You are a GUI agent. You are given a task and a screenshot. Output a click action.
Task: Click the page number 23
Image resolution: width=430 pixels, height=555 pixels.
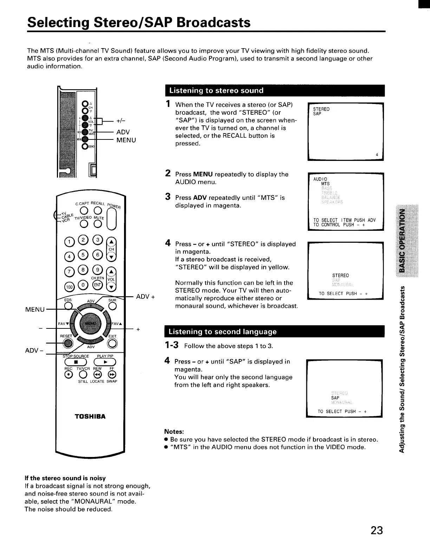tap(376, 530)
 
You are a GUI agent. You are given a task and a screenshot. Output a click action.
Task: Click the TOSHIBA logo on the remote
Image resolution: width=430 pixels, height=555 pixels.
tap(90, 417)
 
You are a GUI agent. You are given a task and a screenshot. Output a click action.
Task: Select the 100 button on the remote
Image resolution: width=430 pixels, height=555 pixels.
tap(70, 287)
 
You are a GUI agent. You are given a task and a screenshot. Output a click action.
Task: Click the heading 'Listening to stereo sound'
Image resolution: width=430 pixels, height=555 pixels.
tap(216, 91)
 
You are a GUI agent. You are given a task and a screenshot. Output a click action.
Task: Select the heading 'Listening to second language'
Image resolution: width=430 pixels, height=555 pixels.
tap(223, 332)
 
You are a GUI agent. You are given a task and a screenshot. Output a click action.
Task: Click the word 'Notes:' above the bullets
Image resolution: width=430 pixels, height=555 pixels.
tap(174, 431)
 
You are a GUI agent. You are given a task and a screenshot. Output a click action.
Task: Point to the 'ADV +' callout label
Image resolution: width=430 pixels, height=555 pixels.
tap(146, 296)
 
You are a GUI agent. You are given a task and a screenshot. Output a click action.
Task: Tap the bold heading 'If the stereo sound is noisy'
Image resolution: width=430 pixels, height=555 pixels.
tap(65, 478)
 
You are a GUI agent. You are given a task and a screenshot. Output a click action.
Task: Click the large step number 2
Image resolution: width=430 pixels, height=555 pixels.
tap(168, 174)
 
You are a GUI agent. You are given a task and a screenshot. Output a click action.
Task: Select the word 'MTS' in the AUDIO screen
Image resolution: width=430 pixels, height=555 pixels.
tap(325, 184)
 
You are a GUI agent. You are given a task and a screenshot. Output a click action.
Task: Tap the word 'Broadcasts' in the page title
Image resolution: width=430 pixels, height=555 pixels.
tap(214, 22)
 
